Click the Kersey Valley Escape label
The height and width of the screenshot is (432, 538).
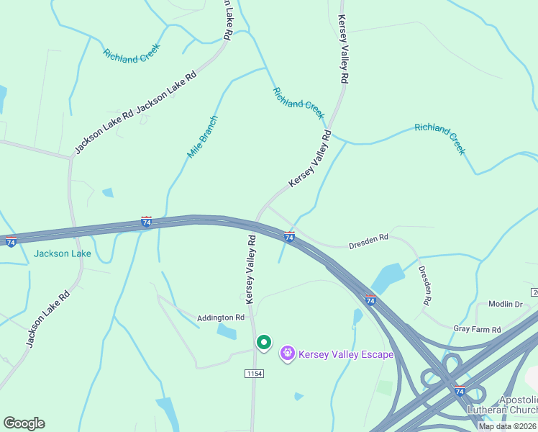[x=346, y=354]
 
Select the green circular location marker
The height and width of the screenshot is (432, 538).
[x=263, y=343]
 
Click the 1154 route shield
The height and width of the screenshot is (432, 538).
[x=254, y=374]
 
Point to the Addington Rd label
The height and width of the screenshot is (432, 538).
[x=222, y=318]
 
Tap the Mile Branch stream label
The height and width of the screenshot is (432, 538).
[x=202, y=137]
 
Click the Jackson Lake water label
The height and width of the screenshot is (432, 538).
[x=63, y=253]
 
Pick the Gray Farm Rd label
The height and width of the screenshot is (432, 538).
[x=477, y=329]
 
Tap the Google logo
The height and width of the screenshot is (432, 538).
[x=24, y=423]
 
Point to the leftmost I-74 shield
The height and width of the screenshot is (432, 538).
[x=11, y=242]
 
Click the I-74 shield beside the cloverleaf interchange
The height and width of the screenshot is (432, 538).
[x=460, y=390]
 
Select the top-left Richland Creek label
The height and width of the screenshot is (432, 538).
[x=131, y=55]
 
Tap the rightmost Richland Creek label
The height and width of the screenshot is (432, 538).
[x=440, y=139]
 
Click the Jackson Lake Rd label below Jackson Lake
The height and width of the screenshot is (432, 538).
[x=48, y=318]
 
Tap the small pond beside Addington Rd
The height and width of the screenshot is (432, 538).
[x=227, y=332]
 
